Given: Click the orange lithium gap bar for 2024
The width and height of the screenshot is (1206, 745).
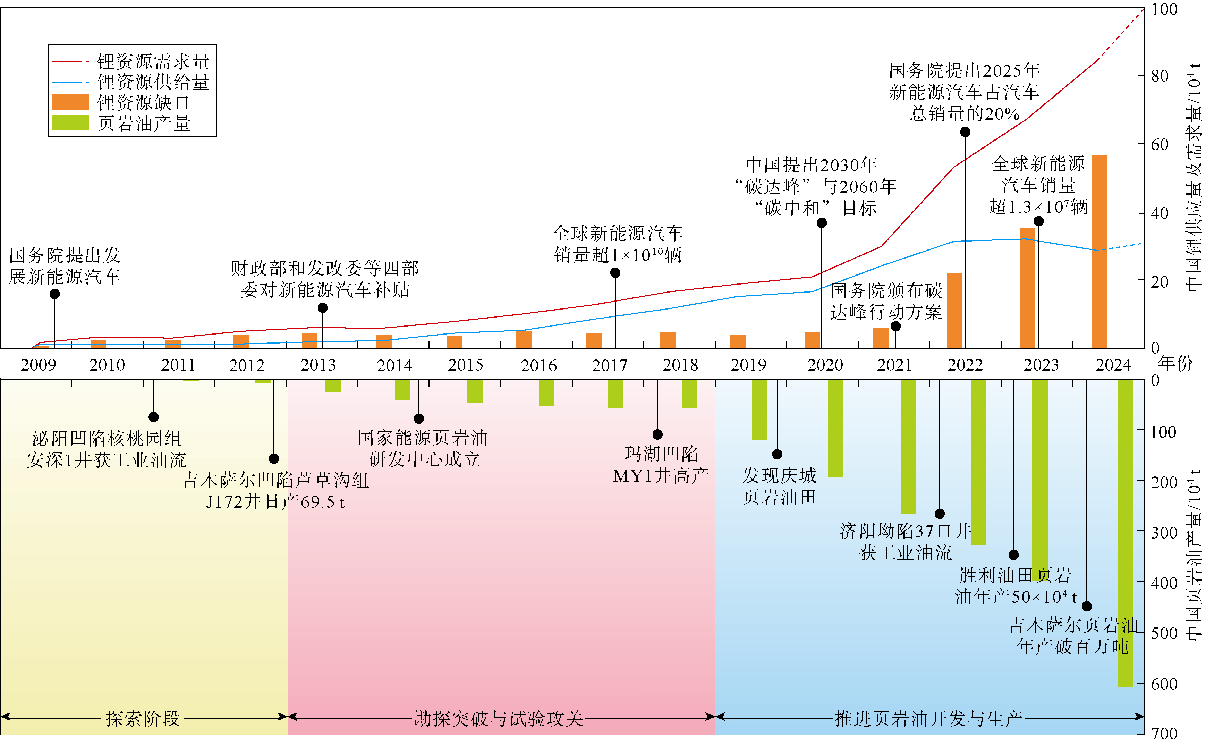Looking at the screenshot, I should point(1099,251).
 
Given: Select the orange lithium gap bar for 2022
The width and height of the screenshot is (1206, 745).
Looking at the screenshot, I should point(954,311).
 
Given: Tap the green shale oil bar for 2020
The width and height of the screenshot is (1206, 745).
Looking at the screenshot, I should point(835,428).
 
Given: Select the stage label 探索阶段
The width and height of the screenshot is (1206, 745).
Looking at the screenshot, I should point(143,718).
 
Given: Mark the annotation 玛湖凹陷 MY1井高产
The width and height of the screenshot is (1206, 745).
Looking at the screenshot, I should point(661,465).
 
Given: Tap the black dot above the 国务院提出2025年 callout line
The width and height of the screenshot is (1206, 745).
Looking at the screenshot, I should point(965,132).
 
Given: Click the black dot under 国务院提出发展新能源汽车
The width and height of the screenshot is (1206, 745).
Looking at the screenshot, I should point(55,294).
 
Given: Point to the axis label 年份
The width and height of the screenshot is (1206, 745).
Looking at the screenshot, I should point(1175,364).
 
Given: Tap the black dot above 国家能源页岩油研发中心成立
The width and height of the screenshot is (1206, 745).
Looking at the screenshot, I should point(419,419).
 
